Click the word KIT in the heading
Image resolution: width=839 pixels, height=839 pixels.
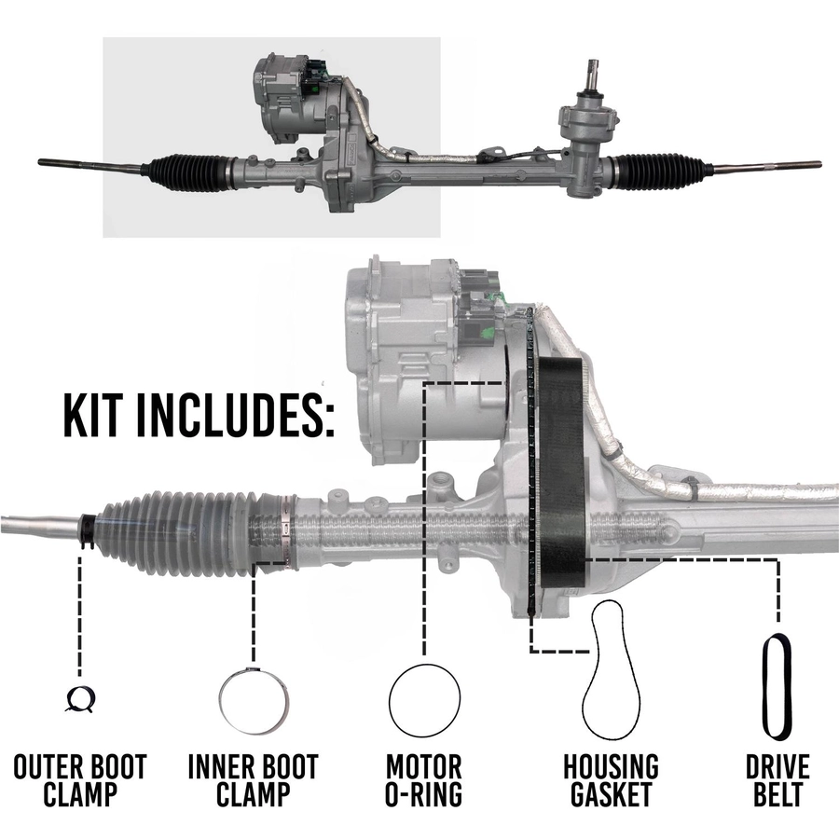click(92, 415)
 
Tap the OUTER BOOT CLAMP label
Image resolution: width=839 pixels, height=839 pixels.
click(80, 780)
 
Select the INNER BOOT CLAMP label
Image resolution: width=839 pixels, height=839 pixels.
click(253, 780)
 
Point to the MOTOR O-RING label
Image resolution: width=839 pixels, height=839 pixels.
click(424, 780)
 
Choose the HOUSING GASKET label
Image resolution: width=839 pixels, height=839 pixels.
click(611, 780)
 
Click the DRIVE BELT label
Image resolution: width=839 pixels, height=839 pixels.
click(778, 780)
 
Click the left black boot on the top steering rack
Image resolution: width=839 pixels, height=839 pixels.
click(187, 172)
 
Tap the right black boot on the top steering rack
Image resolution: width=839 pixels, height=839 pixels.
click(659, 172)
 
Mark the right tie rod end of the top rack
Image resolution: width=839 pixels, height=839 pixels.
click(766, 167)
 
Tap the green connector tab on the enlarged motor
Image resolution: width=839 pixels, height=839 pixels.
click(488, 335)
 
